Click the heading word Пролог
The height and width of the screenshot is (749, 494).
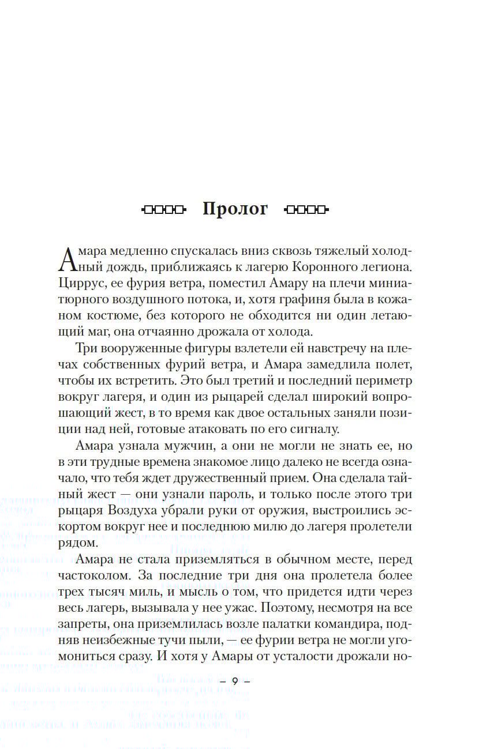[235, 209]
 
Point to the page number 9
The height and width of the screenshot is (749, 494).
[235, 680]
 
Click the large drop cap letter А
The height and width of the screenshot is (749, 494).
[68, 259]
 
